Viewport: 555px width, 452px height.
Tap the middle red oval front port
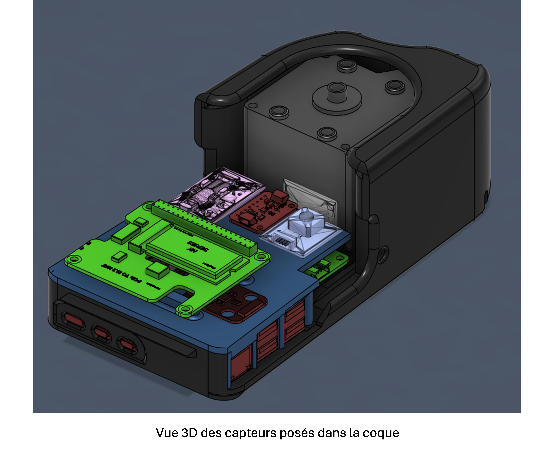click(x=102, y=333)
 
